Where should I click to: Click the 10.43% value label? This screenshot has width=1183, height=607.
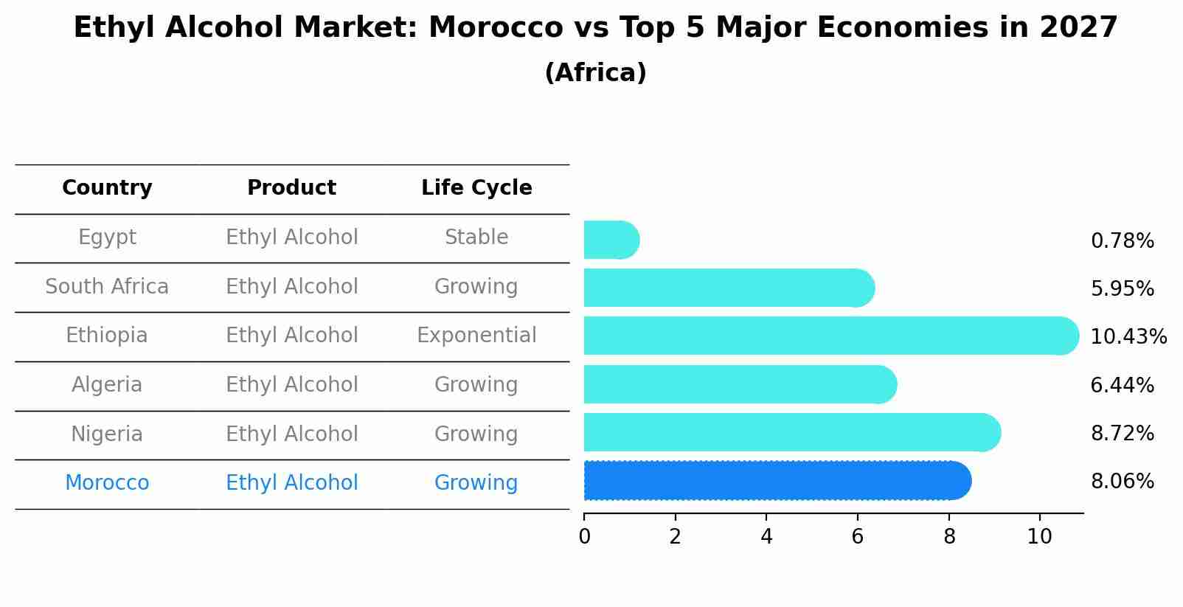tap(1128, 337)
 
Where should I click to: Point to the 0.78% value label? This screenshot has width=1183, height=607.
tap(1122, 241)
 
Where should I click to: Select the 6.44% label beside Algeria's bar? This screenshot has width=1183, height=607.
tap(1122, 385)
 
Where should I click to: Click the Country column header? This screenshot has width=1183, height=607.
tap(107, 188)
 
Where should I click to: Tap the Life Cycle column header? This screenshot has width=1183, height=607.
tap(476, 188)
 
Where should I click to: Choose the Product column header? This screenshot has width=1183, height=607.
tap(291, 188)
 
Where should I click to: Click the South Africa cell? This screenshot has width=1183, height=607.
tap(107, 286)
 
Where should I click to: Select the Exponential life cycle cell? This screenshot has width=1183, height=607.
tap(476, 336)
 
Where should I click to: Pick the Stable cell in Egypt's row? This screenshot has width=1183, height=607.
tap(476, 237)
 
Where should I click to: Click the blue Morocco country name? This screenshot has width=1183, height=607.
tap(107, 483)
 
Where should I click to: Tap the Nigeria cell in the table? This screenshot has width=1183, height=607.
tap(107, 434)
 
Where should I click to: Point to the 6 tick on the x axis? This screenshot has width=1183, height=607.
tap(857, 537)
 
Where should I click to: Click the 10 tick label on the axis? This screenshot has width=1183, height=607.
tap(1039, 537)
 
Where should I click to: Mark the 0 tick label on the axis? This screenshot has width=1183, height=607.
tap(584, 537)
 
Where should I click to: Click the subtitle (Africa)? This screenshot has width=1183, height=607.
tap(595, 73)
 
